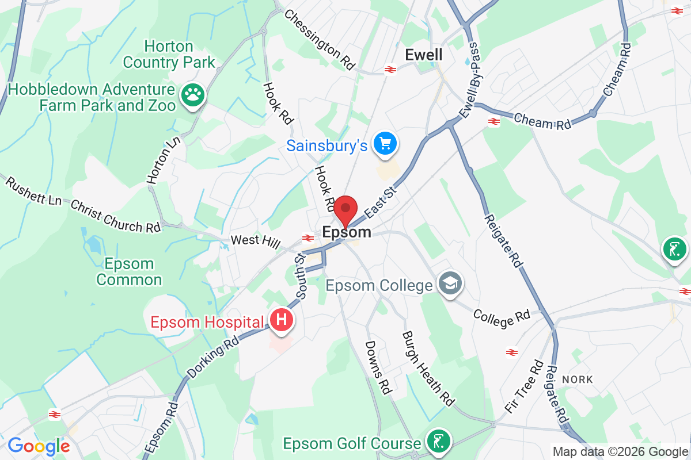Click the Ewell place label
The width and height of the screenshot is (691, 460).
point(424,55)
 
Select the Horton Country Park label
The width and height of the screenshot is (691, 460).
point(169,54)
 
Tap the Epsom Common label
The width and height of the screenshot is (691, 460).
point(129,272)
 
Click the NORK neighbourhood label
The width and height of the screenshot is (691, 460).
point(577,379)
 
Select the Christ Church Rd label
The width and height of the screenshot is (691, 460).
point(115,217)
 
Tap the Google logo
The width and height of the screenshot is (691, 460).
point(39,446)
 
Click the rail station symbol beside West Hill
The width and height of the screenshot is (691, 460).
point(308,237)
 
